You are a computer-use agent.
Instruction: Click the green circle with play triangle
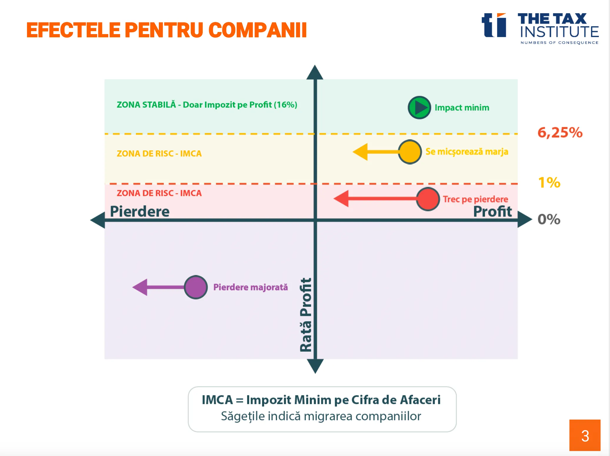click(419, 108)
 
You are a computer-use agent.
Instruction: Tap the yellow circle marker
click(410, 152)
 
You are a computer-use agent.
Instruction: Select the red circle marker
click(428, 199)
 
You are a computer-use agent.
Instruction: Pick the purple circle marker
click(196, 287)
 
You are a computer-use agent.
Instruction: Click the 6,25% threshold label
click(560, 132)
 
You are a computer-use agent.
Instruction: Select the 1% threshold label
click(549, 182)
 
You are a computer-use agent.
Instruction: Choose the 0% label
click(549, 219)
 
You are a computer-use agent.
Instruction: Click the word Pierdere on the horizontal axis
click(140, 211)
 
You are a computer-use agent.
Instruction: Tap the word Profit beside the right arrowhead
click(492, 211)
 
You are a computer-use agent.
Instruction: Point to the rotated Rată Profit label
click(306, 315)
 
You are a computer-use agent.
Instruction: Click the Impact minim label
click(462, 108)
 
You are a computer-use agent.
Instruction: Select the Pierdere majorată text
click(250, 287)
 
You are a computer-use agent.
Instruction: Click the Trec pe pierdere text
click(475, 199)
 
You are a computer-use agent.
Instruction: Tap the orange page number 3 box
click(585, 435)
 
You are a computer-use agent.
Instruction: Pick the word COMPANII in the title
click(258, 30)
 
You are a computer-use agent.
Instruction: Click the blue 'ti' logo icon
click(494, 25)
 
